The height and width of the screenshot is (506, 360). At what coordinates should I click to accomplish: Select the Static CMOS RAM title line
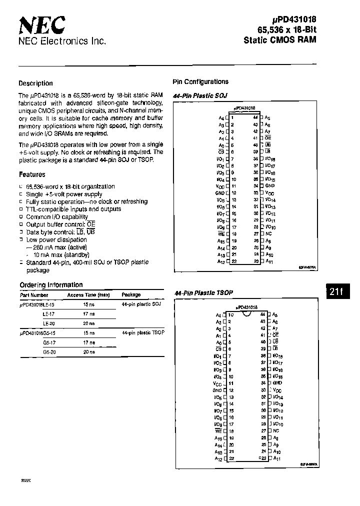tap(280, 39)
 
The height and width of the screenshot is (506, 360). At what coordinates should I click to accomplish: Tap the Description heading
tap(35, 83)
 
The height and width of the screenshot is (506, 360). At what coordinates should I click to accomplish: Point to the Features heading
tap(32, 174)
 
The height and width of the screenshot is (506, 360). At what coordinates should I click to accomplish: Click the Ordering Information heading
tap(51, 285)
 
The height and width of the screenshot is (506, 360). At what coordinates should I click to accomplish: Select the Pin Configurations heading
tap(200, 81)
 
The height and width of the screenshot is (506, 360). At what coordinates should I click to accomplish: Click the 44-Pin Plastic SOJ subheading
tap(199, 95)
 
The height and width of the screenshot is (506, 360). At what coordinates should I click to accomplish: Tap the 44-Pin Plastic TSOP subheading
tap(202, 292)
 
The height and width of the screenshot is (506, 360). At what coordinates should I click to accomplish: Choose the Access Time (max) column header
tap(88, 295)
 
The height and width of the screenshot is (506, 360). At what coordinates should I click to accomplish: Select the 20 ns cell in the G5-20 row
tap(88, 351)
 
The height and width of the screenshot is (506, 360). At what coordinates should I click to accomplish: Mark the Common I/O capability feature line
tap(56, 217)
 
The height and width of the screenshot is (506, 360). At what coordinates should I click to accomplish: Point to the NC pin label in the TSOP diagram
tap(276, 430)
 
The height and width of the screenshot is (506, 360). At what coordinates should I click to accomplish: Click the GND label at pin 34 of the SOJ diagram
tap(270, 185)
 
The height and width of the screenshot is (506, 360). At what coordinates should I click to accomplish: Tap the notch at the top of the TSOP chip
tap(245, 314)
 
